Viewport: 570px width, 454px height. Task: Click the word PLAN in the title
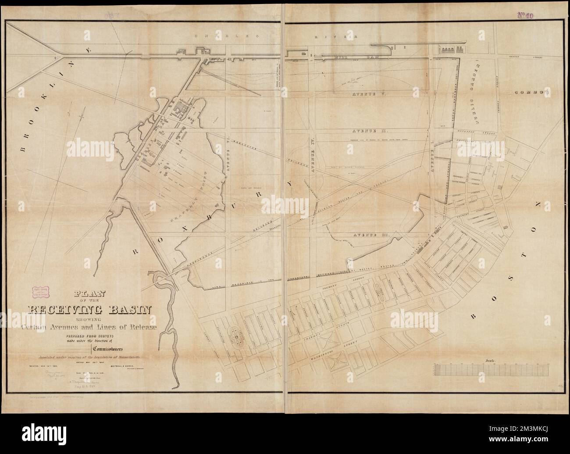point(93,294)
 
